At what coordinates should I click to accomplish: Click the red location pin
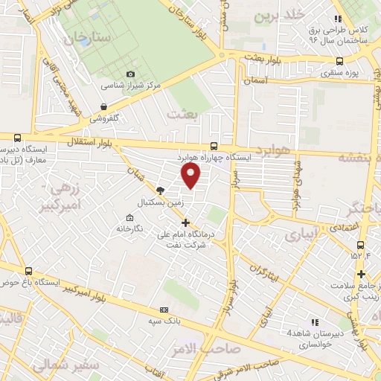coord(191,176)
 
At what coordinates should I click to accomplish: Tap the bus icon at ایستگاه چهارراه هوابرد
coord(214,146)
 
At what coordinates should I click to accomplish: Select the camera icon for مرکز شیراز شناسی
coord(131,74)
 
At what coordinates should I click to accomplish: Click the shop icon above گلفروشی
coord(103,106)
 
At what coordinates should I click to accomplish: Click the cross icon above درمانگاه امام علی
coord(185,222)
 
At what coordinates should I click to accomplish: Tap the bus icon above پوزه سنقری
coord(339,62)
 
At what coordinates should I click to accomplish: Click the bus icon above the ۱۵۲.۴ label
coord(360,246)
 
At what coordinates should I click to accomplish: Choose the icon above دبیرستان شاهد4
coord(314,322)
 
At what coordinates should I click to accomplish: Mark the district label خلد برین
coord(279,14)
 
